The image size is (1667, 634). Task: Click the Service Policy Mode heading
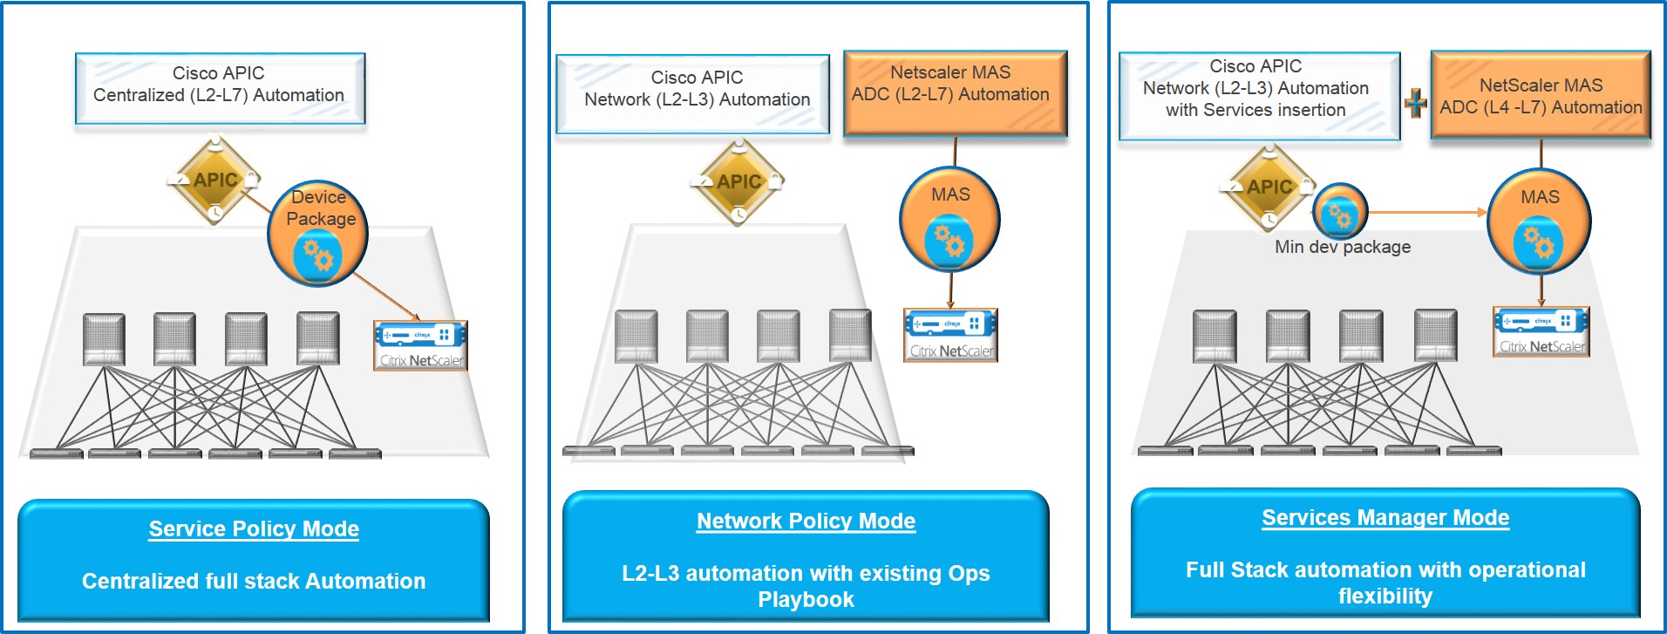(254, 528)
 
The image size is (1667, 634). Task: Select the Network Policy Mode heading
(806, 521)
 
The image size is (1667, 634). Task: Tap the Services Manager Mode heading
(1385, 517)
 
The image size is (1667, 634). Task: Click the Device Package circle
(318, 234)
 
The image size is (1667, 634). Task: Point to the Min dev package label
(1343, 247)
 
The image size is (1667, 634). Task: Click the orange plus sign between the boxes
(1416, 104)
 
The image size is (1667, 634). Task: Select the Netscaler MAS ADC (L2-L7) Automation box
(955, 92)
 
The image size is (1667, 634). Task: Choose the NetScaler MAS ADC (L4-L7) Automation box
(1541, 96)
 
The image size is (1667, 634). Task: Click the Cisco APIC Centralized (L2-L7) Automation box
(220, 87)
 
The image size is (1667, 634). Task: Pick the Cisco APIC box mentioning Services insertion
(1258, 94)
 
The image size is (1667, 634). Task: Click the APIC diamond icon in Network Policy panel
(738, 182)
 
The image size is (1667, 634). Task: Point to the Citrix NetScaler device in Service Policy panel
(420, 345)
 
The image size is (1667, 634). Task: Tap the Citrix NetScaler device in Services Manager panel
(1541, 331)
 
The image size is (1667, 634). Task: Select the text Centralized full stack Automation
(254, 581)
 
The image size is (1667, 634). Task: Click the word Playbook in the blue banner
(806, 600)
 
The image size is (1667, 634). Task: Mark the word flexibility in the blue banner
(1385, 597)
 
